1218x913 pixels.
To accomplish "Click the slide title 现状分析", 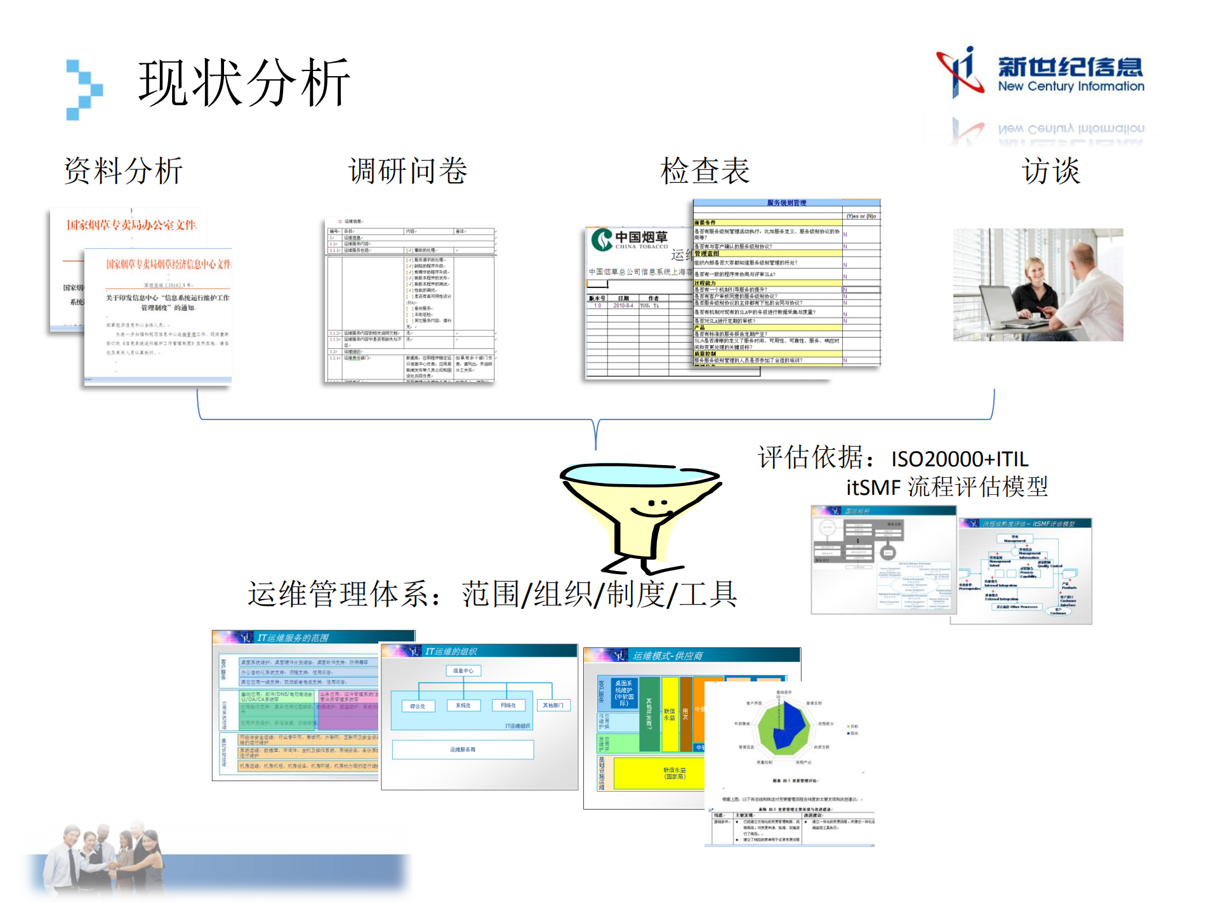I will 244,82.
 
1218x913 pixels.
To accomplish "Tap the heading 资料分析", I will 124,171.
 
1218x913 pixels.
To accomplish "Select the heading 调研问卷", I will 408,171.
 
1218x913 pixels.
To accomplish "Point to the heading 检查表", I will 705,171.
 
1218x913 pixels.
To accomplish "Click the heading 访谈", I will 1051,171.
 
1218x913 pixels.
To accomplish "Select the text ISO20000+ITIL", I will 960,459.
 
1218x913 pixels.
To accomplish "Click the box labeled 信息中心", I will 463,671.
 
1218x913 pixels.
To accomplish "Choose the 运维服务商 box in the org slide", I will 463,749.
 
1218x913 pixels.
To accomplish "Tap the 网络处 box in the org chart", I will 508,705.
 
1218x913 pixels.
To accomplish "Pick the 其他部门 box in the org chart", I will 553,705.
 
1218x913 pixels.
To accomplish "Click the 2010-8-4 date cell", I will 623,305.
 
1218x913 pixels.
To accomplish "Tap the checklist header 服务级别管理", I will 786,203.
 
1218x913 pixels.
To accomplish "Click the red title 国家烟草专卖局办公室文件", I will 131,225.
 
